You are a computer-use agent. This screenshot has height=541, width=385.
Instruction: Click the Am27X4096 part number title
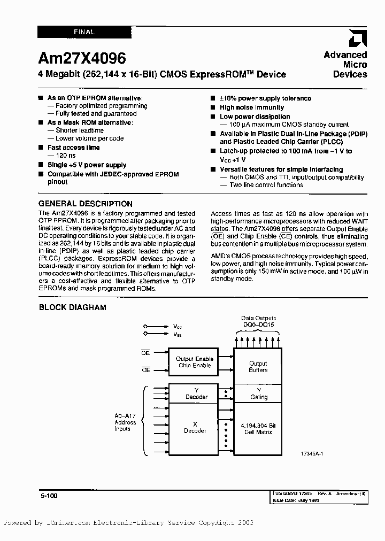click(x=82, y=58)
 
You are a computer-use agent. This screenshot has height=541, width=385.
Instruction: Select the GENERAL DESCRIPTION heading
click(x=86, y=204)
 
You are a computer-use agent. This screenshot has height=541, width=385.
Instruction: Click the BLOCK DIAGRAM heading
click(x=73, y=307)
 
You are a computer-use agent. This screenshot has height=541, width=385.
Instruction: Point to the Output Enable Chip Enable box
click(x=195, y=362)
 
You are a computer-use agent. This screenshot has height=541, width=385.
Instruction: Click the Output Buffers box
click(x=258, y=366)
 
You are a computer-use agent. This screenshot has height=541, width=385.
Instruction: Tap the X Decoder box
click(x=195, y=427)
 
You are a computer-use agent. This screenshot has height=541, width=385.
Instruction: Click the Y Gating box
click(x=258, y=393)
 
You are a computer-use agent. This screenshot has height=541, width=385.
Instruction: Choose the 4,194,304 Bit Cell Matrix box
click(x=258, y=428)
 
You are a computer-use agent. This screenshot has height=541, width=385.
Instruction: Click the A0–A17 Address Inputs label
click(x=125, y=422)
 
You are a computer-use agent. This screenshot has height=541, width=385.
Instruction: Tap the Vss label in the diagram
click(x=177, y=334)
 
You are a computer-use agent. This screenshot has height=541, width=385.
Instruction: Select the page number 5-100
click(x=48, y=496)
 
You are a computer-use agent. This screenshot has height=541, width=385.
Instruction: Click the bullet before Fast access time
click(x=41, y=148)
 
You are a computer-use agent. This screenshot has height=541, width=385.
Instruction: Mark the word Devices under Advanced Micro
click(x=350, y=74)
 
